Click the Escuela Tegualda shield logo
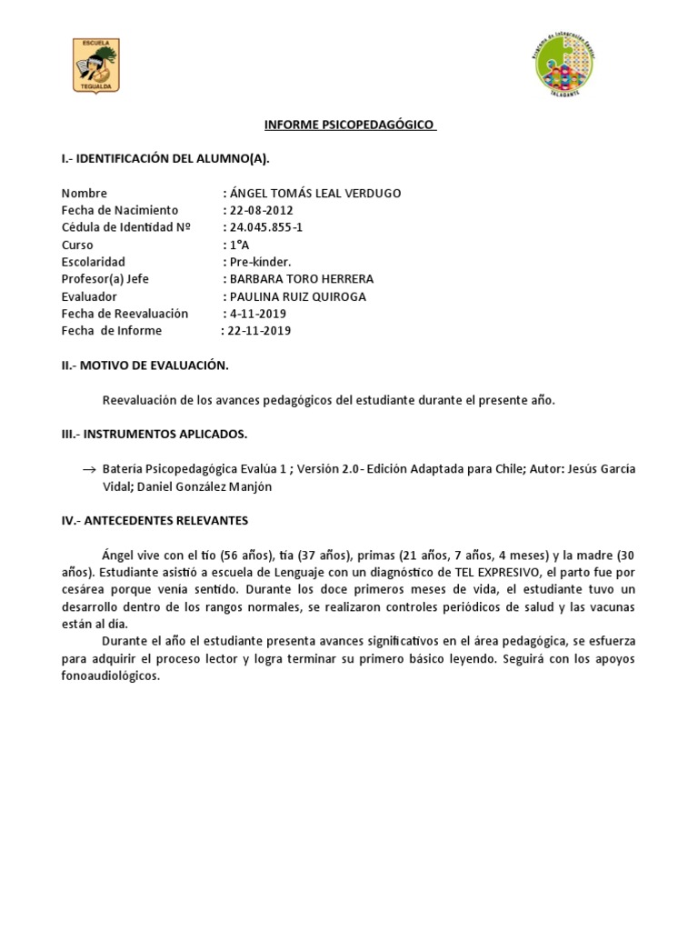(x=95, y=65)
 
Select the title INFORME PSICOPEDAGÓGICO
(x=350, y=125)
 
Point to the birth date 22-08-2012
(x=261, y=210)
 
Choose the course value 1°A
(x=239, y=245)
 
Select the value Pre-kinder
(x=257, y=262)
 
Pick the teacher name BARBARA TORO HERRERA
(x=301, y=279)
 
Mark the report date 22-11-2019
(x=258, y=331)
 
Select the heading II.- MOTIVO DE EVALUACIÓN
(x=145, y=365)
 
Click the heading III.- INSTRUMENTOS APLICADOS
(x=154, y=434)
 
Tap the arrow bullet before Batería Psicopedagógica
(x=89, y=470)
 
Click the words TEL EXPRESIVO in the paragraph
(x=505, y=572)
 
